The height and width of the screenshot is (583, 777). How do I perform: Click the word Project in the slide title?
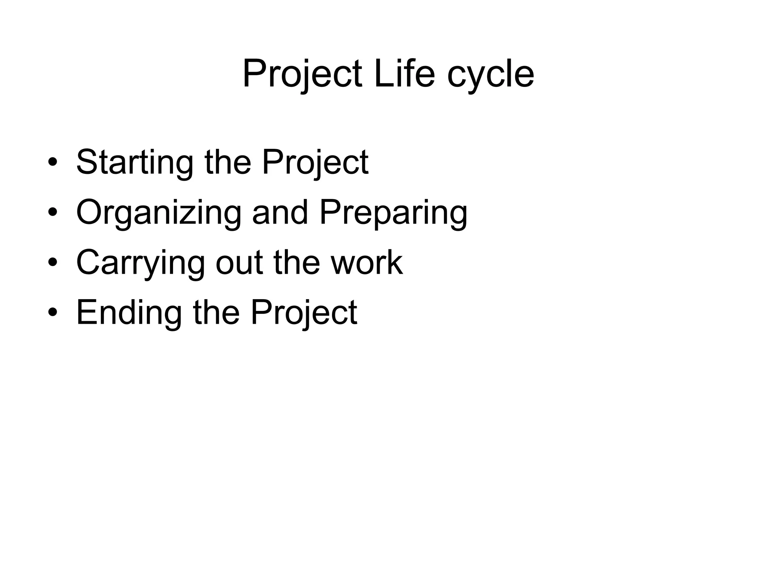pyautogui.click(x=302, y=74)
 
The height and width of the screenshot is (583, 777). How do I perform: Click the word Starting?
pyautogui.click(x=134, y=163)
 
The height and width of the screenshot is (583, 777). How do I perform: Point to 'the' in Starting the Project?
pyautogui.click(x=228, y=162)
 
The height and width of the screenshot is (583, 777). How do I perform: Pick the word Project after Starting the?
pyautogui.click(x=315, y=163)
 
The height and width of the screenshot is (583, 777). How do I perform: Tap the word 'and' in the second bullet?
pyautogui.click(x=280, y=212)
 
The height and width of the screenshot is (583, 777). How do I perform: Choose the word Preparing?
pyautogui.click(x=393, y=213)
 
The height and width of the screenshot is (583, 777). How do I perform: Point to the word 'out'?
pyautogui.click(x=239, y=263)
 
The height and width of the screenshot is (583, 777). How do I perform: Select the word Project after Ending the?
pyautogui.click(x=304, y=313)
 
